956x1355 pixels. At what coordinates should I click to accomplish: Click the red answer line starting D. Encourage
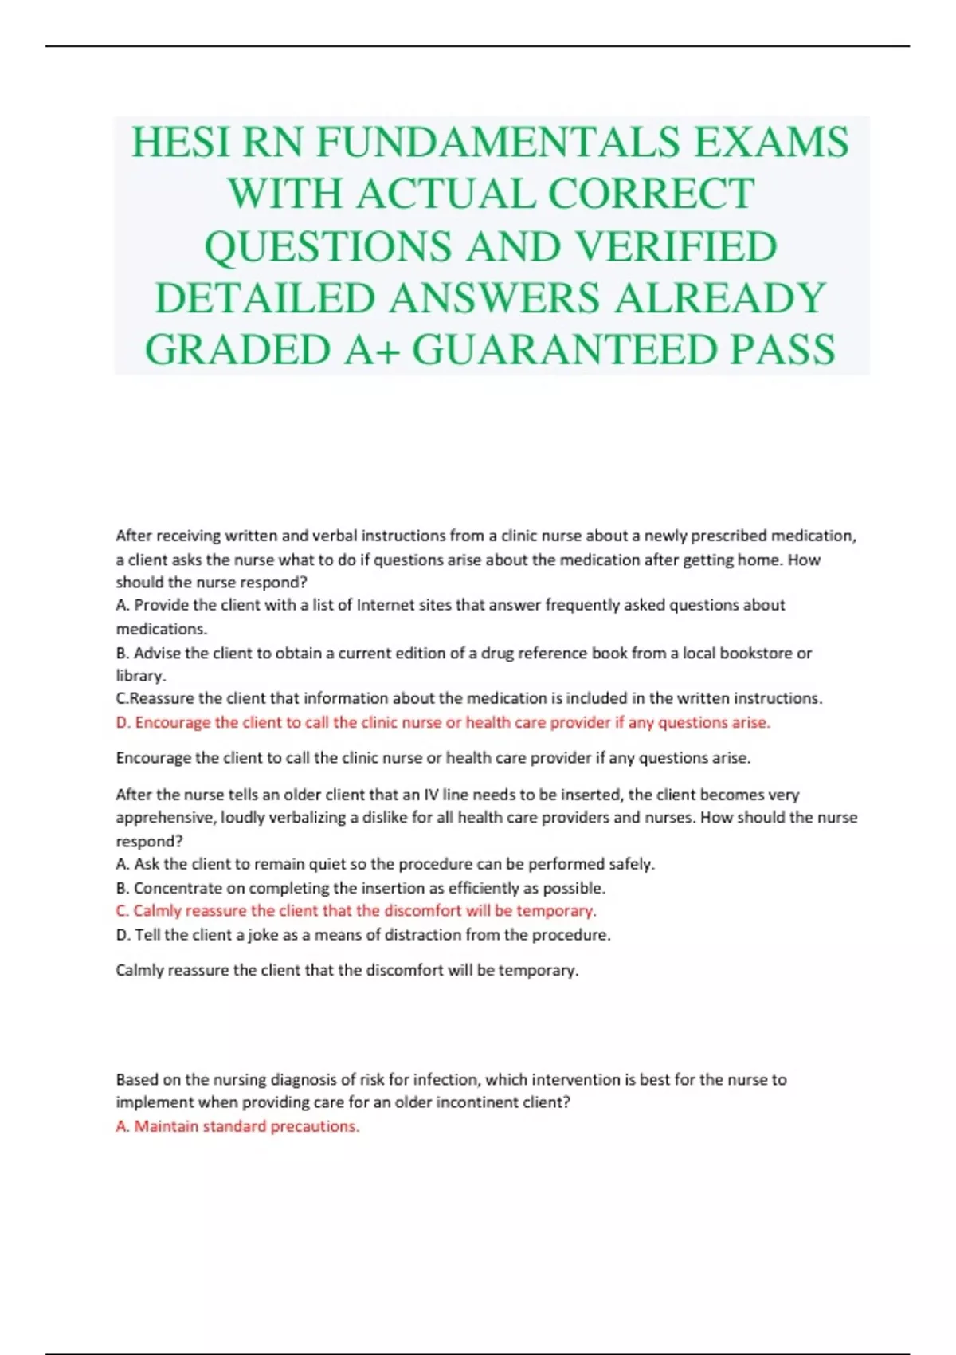tap(443, 722)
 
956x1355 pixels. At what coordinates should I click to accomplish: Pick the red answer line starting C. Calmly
tap(356, 910)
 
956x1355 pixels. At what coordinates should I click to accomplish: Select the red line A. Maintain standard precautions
tap(237, 1126)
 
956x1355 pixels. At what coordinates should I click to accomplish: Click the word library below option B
tap(140, 676)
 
